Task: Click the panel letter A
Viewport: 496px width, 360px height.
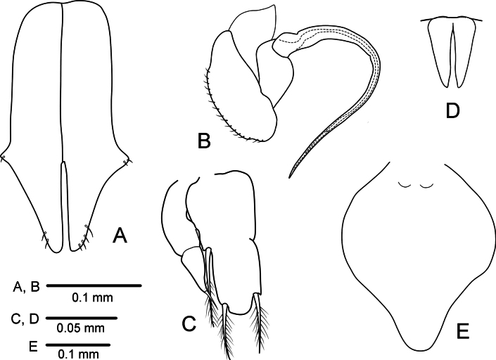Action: click(120, 236)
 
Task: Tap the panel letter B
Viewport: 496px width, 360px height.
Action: click(204, 141)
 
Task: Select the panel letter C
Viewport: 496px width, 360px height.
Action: click(189, 323)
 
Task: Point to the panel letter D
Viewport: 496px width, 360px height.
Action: click(452, 111)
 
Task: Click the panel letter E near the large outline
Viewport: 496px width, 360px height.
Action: click(463, 331)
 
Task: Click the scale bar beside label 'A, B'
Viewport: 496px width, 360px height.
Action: click(94, 285)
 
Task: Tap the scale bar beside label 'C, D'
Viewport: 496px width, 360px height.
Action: click(82, 318)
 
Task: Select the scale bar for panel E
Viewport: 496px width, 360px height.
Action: click(78, 345)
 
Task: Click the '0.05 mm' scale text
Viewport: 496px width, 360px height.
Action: click(81, 328)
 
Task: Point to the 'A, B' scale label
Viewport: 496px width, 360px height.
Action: click(26, 287)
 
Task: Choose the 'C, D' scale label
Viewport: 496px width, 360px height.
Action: click(25, 319)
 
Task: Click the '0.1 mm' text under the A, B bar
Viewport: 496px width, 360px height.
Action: click(92, 297)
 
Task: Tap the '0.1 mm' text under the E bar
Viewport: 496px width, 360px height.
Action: click(79, 354)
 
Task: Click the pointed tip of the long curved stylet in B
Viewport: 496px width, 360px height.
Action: click(289, 177)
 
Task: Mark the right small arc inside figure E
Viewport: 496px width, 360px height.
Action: click(426, 186)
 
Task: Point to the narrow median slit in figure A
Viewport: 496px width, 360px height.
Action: click(65, 206)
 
